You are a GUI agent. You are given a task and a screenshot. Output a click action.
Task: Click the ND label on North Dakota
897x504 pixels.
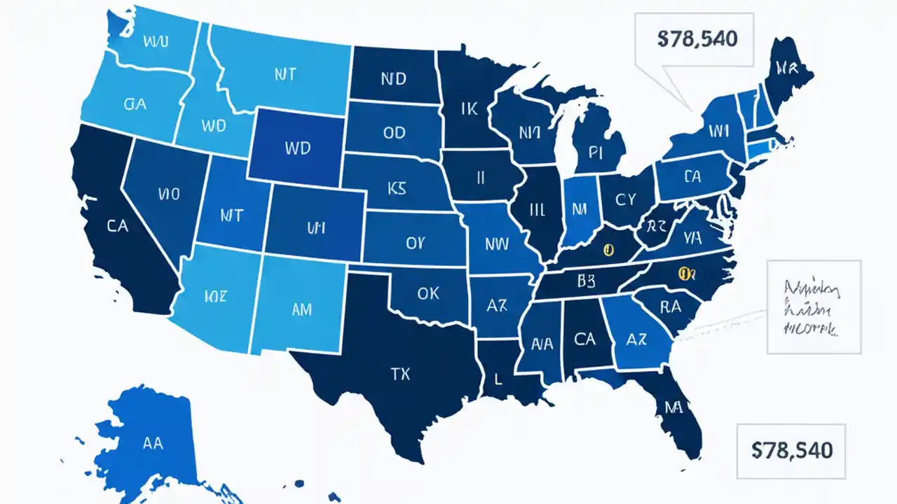click(x=393, y=78)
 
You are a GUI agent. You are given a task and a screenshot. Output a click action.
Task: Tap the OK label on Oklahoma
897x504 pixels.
click(x=427, y=293)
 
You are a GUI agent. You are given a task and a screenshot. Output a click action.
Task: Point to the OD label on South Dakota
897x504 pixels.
click(x=395, y=133)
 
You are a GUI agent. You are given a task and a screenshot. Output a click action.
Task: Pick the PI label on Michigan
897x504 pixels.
click(x=596, y=153)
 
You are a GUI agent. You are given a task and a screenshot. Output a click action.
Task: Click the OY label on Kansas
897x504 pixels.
click(x=415, y=243)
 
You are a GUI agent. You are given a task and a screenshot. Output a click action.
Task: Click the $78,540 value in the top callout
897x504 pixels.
click(x=697, y=39)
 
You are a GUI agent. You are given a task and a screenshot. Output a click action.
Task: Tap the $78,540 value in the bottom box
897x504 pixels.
click(x=792, y=450)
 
